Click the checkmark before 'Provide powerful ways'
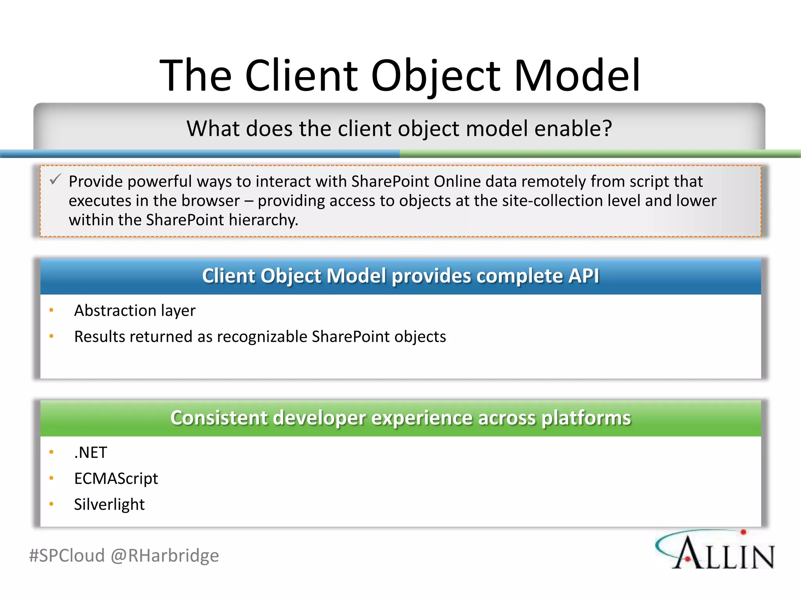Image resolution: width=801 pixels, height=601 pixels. (55, 180)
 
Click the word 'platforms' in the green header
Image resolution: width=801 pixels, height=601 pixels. (586, 418)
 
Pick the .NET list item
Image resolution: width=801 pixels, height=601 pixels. (91, 453)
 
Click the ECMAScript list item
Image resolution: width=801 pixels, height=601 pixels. (116, 479)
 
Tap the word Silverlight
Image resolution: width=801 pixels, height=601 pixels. (110, 504)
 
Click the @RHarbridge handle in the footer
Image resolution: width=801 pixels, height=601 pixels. (165, 556)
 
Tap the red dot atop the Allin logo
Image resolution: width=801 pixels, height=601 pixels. (744, 532)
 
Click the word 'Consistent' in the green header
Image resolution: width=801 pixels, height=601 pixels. (219, 418)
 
